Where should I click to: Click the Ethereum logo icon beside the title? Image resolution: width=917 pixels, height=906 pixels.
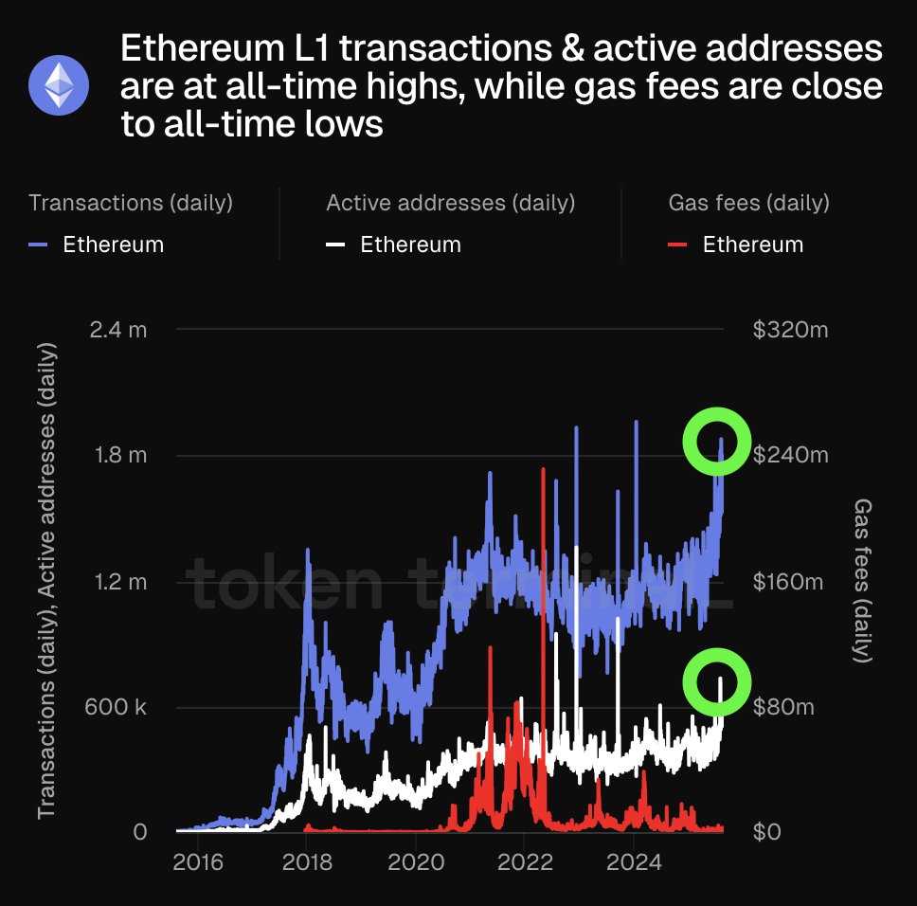(59, 84)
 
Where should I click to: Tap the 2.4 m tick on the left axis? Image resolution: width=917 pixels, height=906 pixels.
(119, 330)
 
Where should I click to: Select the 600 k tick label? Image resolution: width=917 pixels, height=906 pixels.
(114, 707)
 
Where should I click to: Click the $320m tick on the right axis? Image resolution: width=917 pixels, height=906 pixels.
(790, 330)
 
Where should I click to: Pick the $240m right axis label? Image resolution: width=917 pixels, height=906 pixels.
(790, 455)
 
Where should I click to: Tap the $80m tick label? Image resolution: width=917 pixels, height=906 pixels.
(784, 707)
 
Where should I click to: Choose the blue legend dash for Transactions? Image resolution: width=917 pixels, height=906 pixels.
(39, 245)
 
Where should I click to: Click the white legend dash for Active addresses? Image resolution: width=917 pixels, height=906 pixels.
(336, 245)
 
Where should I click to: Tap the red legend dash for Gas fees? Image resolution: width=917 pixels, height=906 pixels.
(678, 245)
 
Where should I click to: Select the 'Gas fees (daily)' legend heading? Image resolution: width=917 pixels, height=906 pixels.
(748, 203)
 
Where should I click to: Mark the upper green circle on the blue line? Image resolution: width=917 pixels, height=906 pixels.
(717, 441)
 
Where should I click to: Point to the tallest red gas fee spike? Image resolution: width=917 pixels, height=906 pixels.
(543, 474)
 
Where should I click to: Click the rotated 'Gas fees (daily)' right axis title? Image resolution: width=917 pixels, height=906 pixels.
(863, 580)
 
